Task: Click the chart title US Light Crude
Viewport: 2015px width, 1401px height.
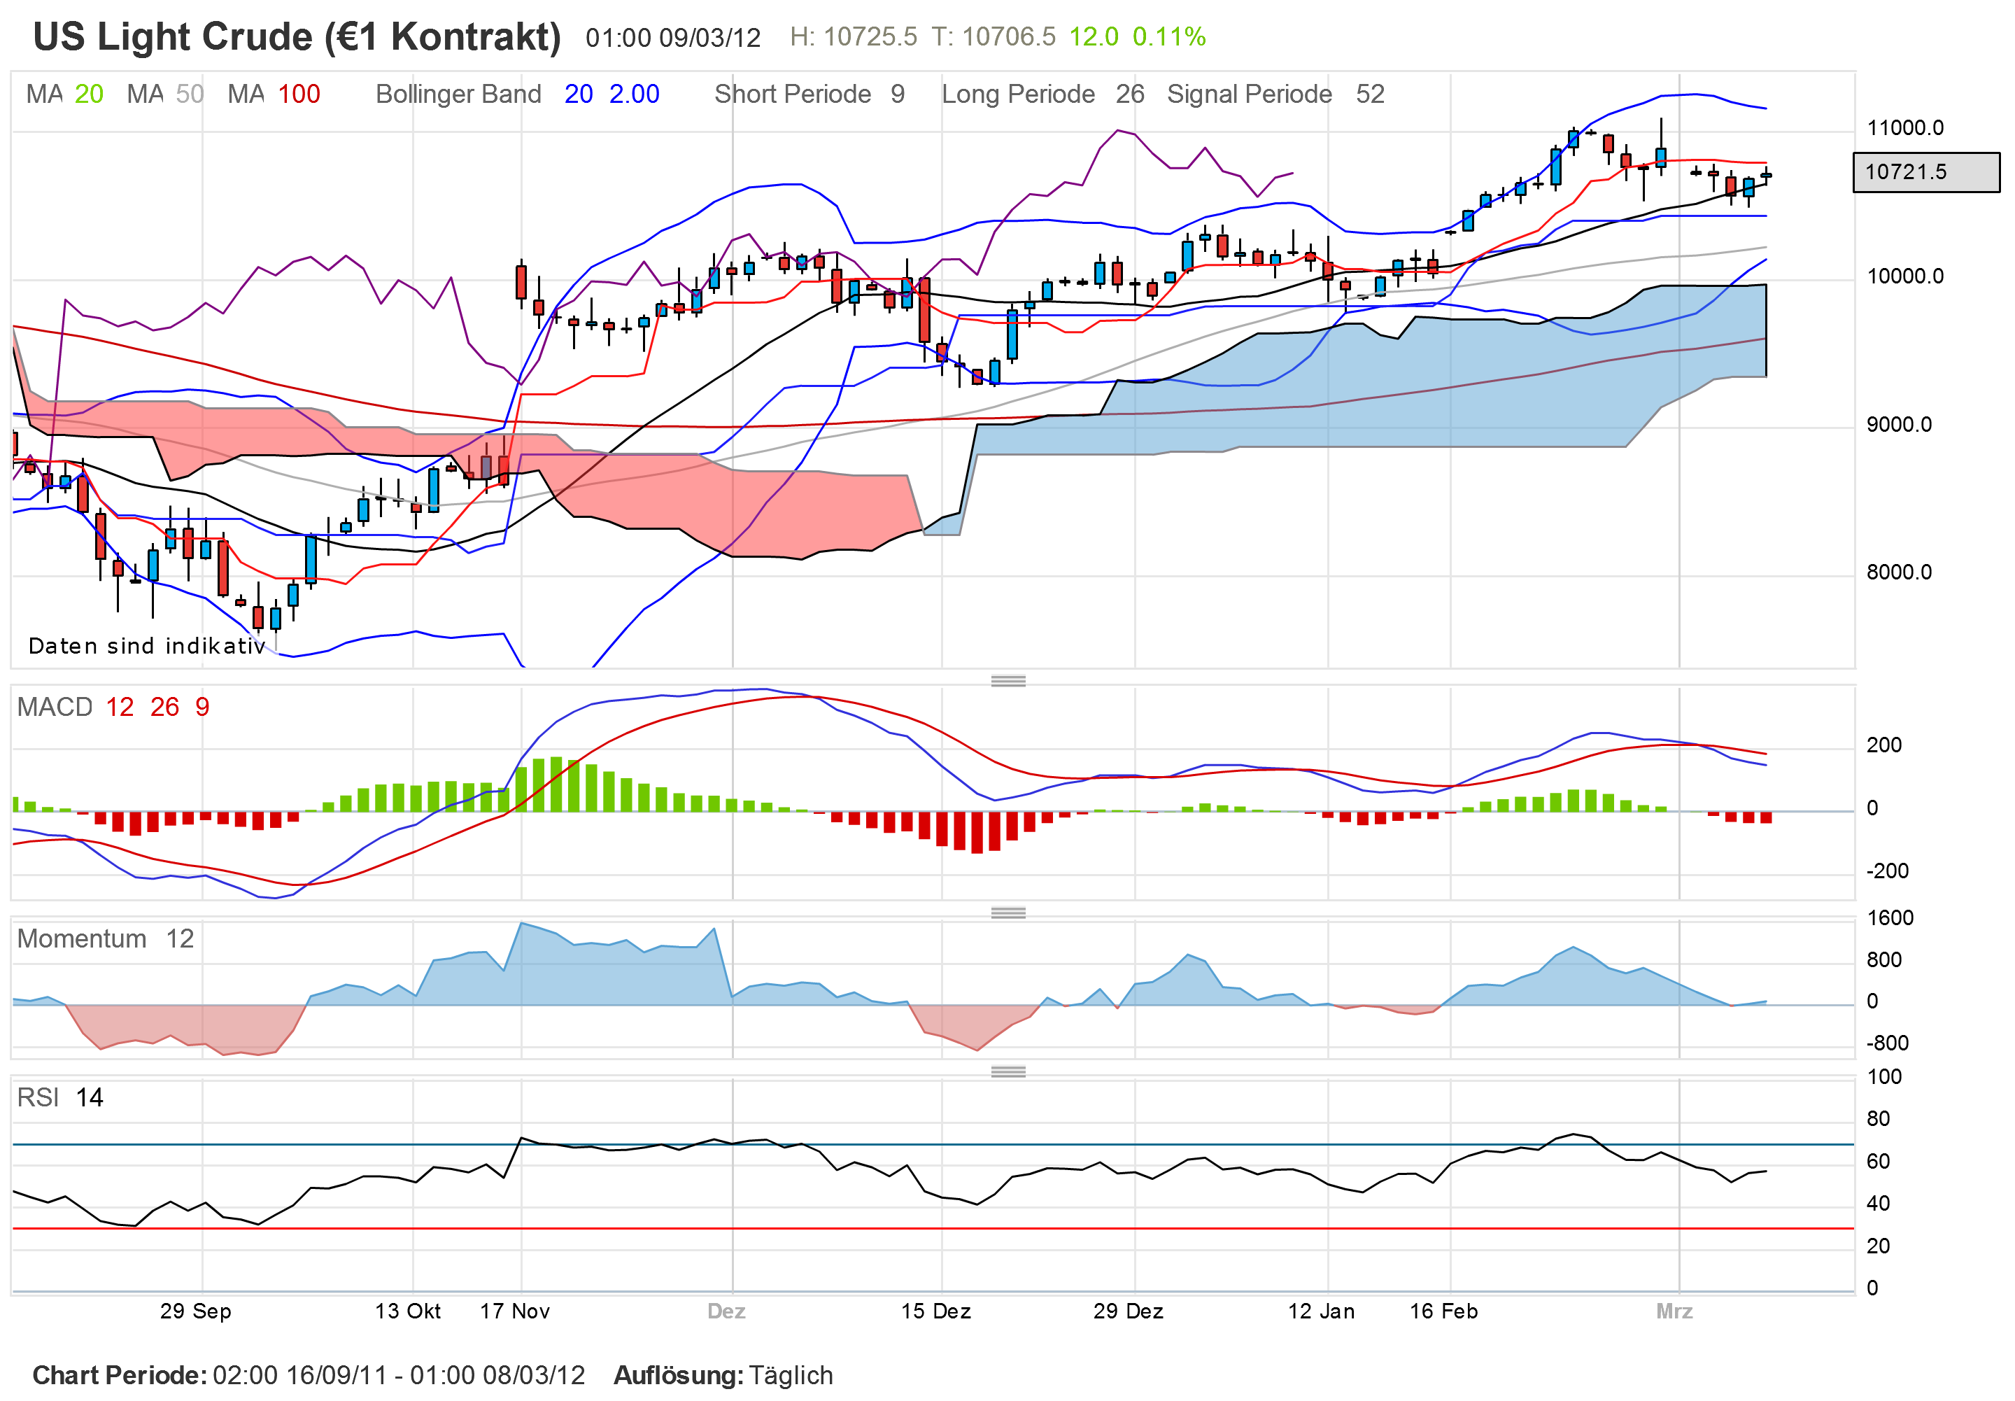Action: [x=296, y=37]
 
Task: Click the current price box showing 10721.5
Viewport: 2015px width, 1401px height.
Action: [x=1925, y=172]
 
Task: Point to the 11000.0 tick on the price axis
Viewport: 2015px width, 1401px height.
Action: [x=1904, y=128]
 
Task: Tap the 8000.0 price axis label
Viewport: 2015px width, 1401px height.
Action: [x=1898, y=572]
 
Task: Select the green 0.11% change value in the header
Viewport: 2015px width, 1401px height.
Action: [x=1168, y=37]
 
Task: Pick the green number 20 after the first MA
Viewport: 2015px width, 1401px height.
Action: [x=89, y=94]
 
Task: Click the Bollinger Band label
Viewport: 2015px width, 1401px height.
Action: [x=458, y=94]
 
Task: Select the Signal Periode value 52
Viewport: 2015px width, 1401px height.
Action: [x=1369, y=94]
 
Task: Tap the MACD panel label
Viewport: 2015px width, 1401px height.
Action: [x=55, y=707]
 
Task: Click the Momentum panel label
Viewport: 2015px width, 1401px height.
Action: [x=82, y=938]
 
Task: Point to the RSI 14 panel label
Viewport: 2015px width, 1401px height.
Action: [x=59, y=1097]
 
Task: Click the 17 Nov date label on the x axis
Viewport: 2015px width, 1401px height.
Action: [x=514, y=1311]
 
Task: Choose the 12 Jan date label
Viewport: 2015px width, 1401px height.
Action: [x=1321, y=1311]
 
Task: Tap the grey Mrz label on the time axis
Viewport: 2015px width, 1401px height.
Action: [x=1674, y=1311]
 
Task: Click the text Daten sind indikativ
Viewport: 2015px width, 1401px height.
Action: [x=146, y=646]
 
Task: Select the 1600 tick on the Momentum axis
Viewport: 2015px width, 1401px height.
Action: [x=1890, y=917]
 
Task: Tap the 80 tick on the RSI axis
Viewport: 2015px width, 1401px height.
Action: [x=1878, y=1118]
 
